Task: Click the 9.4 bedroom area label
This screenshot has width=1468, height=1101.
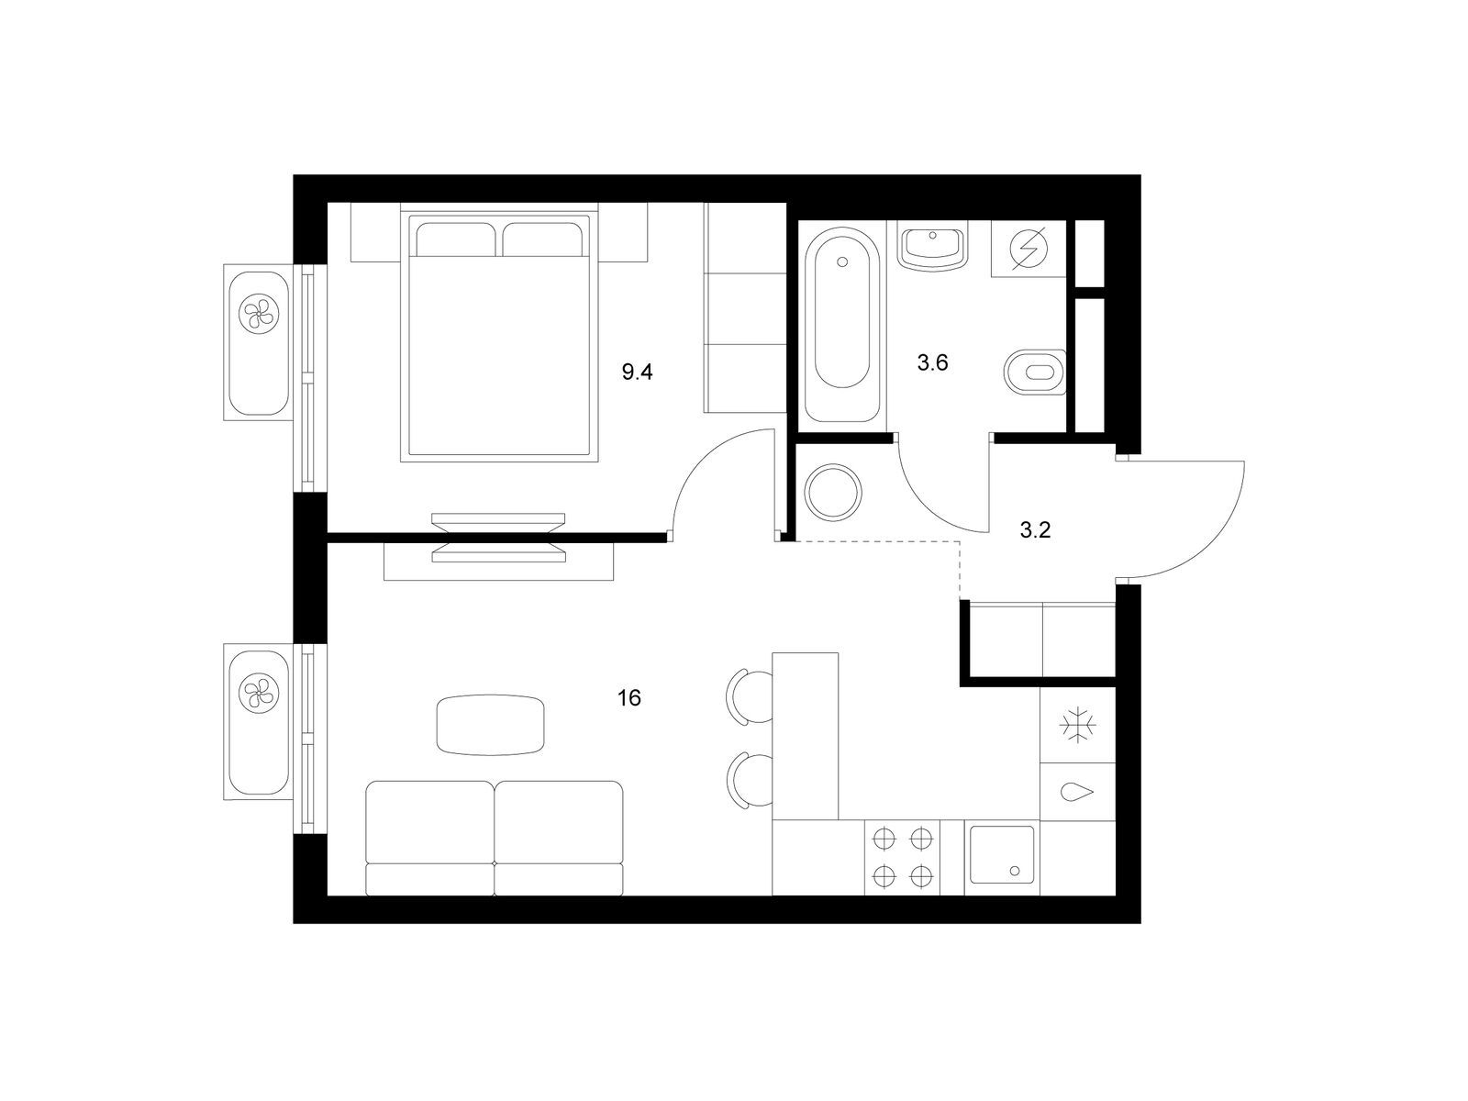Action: click(637, 373)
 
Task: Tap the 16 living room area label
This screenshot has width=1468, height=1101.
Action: click(629, 698)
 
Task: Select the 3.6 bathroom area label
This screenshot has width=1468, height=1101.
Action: click(932, 363)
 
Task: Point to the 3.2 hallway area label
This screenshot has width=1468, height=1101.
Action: click(1035, 531)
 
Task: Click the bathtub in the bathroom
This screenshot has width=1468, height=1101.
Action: click(842, 325)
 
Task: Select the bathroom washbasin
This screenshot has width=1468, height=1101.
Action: click(933, 250)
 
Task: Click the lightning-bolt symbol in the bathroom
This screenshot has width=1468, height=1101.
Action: click(1029, 248)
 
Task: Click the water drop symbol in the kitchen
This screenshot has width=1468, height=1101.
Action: click(1077, 792)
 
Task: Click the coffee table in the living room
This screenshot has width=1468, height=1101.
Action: click(490, 726)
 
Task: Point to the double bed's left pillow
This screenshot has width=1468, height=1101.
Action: click(455, 239)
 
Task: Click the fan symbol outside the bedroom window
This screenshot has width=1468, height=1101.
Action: click(259, 313)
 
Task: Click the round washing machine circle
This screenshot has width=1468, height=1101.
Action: click(834, 492)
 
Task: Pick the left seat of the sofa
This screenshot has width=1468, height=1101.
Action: click(430, 839)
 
